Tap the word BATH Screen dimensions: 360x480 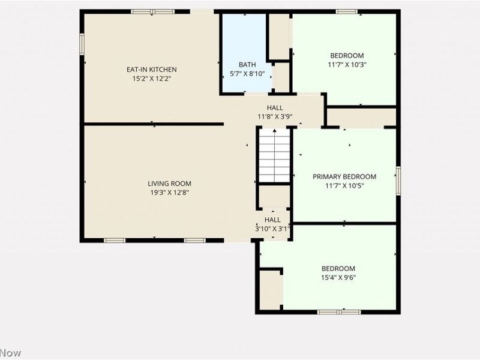coord(247,65)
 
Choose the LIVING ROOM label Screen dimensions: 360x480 coord(170,184)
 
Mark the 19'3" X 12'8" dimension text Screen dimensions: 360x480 coord(170,193)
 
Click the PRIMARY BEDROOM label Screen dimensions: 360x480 coord(344,176)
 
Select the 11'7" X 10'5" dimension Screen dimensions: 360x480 coord(344,185)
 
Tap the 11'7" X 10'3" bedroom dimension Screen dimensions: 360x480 coord(347,64)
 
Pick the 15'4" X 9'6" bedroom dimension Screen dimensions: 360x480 coord(338,277)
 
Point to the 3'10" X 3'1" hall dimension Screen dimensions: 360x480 coord(272,229)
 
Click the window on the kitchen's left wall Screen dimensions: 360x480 coord(82,43)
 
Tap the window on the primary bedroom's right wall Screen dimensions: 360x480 coord(398,181)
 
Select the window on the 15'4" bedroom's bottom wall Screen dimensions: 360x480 coord(339,311)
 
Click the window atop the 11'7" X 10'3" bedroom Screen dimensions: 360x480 coord(347,11)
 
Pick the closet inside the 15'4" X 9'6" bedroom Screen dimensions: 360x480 coord(270,290)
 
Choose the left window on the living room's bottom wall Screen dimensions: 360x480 coord(114,241)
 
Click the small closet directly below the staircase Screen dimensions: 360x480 coord(274,197)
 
